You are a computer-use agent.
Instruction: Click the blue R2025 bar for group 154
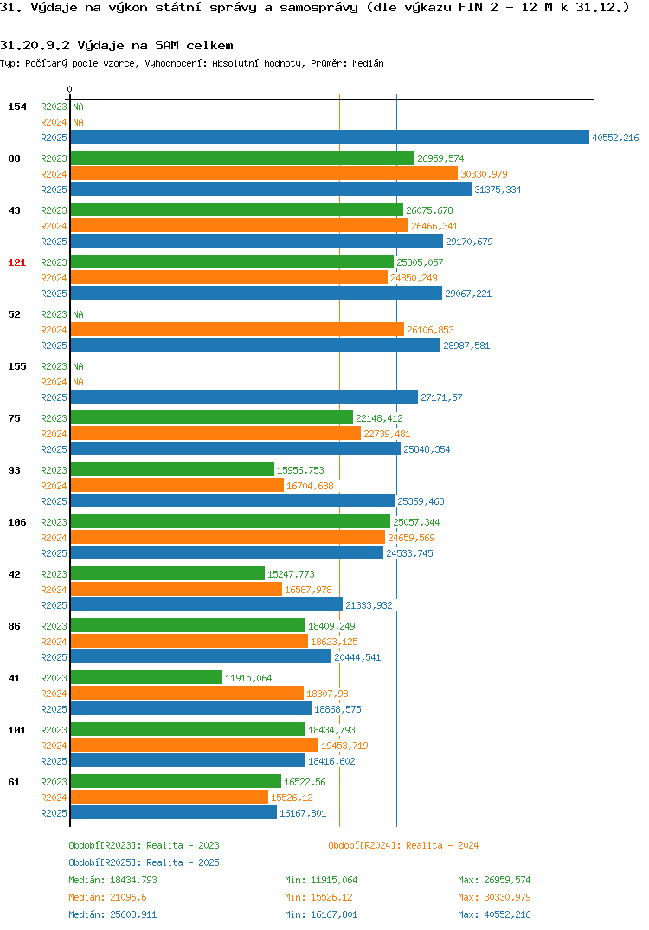click(330, 137)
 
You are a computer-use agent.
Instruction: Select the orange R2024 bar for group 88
click(264, 174)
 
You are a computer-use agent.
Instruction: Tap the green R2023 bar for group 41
click(146, 678)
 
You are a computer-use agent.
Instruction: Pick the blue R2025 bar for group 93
click(232, 501)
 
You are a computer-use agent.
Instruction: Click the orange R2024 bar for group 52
click(237, 330)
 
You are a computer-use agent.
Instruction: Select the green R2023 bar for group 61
click(176, 782)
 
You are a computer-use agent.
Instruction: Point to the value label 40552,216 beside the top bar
click(615, 138)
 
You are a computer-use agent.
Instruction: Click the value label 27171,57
click(441, 397)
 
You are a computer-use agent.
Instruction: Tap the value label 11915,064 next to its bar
click(248, 678)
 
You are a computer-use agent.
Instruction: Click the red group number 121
click(17, 262)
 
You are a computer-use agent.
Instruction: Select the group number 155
click(17, 366)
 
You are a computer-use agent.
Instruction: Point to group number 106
click(17, 522)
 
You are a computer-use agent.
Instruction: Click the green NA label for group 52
click(78, 314)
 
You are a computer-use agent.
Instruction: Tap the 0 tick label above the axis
click(70, 89)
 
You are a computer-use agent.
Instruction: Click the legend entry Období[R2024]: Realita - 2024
click(403, 845)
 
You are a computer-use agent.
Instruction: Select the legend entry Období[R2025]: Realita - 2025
click(144, 862)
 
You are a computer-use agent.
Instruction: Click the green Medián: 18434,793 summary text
click(112, 880)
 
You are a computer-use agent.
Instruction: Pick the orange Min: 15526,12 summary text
click(321, 897)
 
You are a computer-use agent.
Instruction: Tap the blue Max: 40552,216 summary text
click(494, 914)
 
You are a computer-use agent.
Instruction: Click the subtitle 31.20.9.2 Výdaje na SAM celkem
click(117, 46)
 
